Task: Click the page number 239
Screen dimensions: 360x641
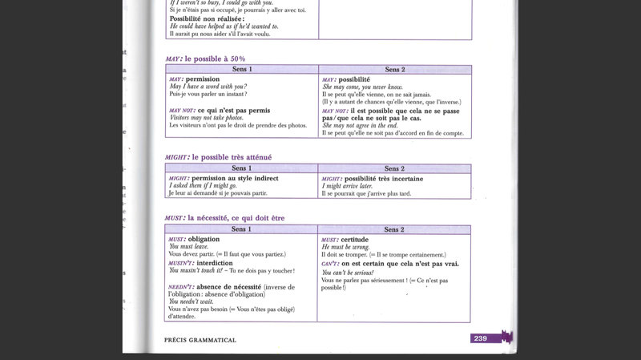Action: [480, 339]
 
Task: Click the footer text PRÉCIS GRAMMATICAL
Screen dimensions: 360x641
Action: [200, 340]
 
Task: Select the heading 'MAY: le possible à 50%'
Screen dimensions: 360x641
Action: [205, 59]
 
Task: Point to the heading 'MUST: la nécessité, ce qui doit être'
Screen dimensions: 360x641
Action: [224, 218]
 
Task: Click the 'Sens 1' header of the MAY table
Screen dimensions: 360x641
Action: [241, 70]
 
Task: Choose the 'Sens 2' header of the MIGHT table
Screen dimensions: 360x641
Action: [393, 168]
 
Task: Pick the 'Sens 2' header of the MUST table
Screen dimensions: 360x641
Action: [393, 229]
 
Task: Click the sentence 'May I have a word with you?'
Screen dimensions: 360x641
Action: [208, 87]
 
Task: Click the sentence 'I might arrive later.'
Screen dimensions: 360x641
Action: [346, 186]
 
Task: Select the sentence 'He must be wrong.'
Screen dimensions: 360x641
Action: [344, 247]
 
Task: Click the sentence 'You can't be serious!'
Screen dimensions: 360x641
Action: [348, 273]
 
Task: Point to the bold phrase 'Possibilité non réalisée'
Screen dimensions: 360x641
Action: [212, 18]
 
